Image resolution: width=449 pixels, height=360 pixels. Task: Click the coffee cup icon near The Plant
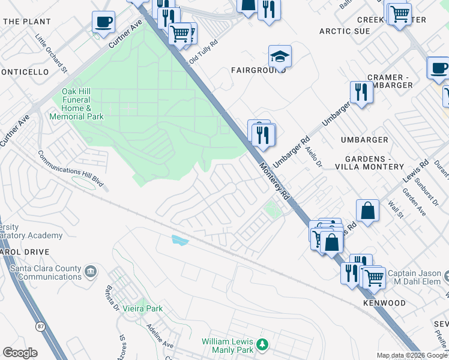coord(103,22)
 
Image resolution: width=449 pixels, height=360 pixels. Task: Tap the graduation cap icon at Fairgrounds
coord(280,56)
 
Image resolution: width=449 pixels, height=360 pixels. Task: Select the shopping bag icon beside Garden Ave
coord(367,211)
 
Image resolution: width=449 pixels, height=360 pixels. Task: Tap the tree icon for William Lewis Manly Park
coord(262,344)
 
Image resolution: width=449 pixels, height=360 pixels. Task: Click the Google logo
coord(20,353)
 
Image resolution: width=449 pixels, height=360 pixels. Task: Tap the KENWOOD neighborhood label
coord(384,303)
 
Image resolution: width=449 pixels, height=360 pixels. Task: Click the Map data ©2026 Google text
coord(412,355)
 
